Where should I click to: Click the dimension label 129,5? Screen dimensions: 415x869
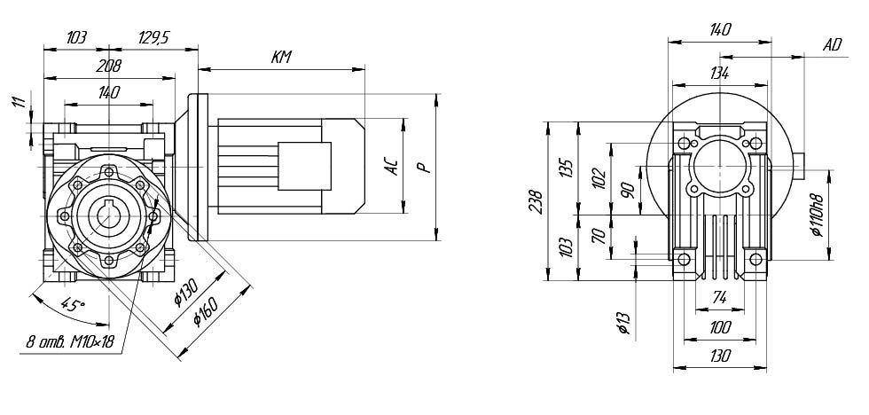coord(153,38)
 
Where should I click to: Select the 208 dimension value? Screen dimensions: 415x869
coord(110,66)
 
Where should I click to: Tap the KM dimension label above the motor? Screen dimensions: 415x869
coord(282,59)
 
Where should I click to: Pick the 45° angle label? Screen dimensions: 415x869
coord(73,308)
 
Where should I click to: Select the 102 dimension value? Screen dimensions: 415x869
coord(599,177)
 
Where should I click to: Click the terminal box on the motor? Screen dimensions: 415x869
coord(304,164)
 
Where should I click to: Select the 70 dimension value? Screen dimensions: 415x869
coord(599,236)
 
